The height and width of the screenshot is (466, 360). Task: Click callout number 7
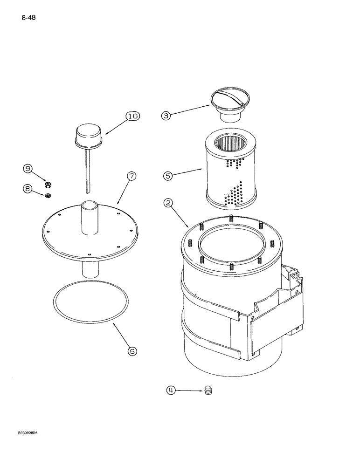coord(132,176)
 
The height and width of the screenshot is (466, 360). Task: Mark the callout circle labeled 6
coord(132,351)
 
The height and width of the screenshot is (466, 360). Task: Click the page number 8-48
coord(28,18)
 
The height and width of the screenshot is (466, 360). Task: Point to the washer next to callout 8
coord(48,195)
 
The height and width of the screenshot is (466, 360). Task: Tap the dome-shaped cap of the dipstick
coord(89,134)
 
